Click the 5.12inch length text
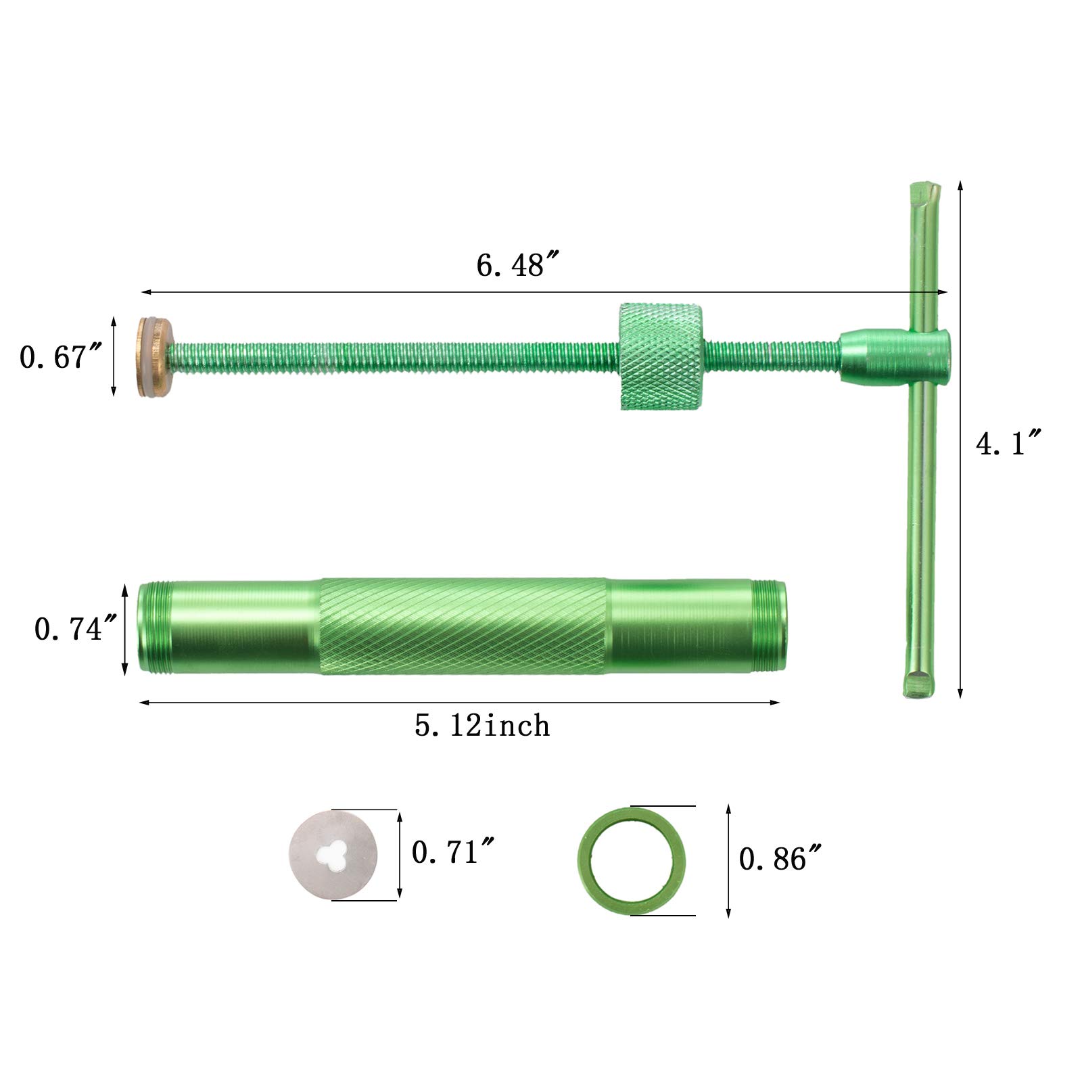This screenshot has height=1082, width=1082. [x=482, y=726]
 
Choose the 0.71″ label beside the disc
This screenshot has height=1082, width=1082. [x=454, y=851]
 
